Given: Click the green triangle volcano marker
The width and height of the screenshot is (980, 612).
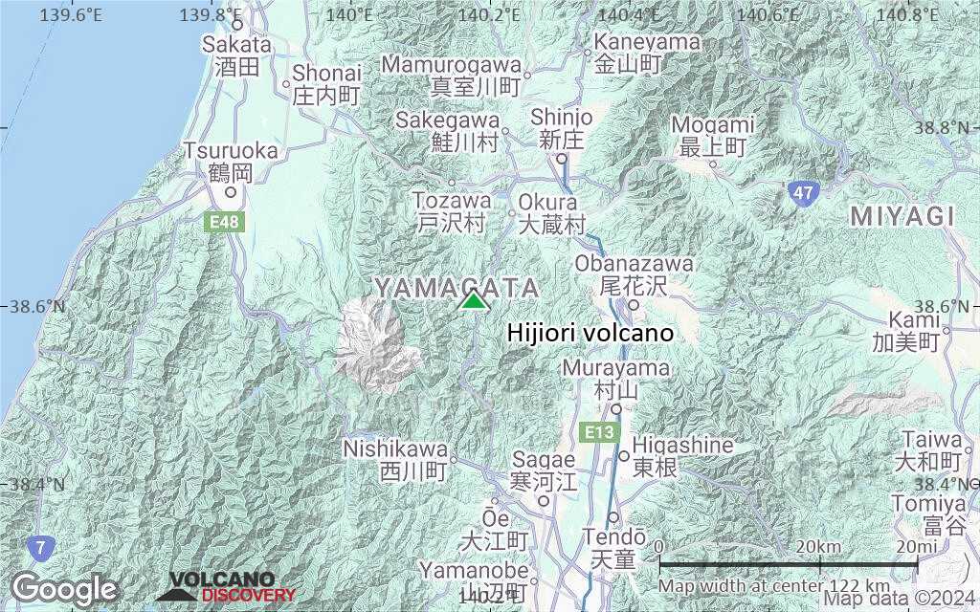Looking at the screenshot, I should coord(473,300).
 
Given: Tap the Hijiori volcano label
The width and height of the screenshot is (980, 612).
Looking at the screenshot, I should coord(590,333).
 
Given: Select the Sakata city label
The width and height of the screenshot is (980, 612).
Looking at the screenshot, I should coord(236,44).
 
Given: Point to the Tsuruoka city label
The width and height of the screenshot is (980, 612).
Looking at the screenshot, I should coord(232,151).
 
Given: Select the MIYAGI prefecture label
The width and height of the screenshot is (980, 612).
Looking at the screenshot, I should coord(902,217).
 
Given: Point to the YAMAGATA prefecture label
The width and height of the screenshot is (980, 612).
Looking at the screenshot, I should coord(457,288).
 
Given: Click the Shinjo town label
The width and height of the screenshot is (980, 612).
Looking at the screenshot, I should coord(562,117).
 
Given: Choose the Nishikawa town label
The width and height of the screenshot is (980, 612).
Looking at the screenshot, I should coord(395,448).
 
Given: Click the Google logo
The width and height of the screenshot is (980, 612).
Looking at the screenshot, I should coord(64,588).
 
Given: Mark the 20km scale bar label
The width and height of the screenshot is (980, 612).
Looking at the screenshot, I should coord(817,546).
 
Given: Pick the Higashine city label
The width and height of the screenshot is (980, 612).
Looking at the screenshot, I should coord(682,446).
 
